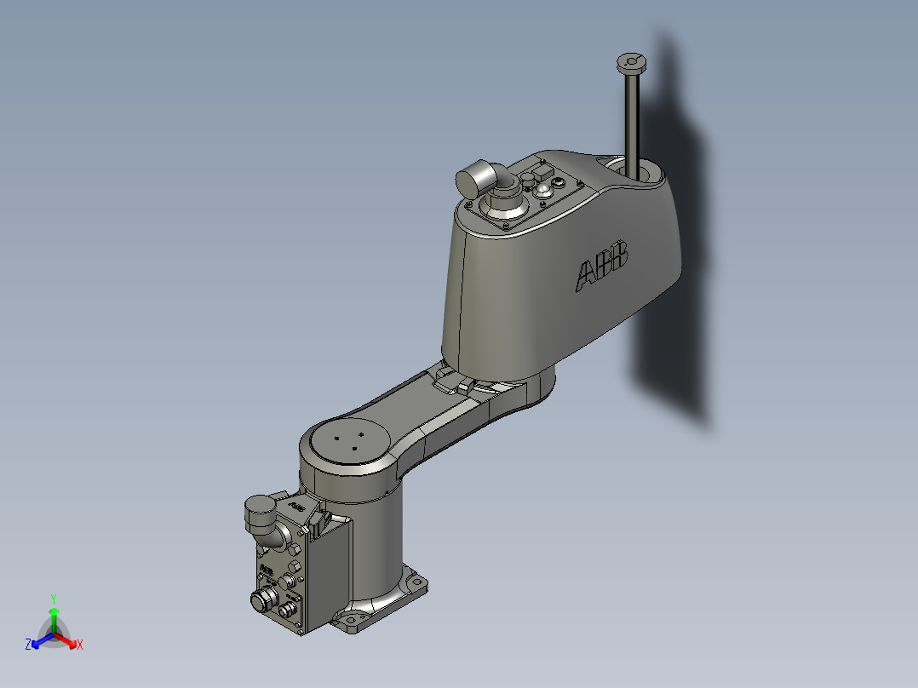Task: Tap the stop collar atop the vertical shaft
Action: tap(630, 63)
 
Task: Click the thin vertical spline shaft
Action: tap(633, 119)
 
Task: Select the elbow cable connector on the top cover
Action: tap(482, 181)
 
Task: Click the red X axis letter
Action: tap(80, 645)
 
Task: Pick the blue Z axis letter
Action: tap(28, 645)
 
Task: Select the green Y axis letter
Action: tap(54, 598)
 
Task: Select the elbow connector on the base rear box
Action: tap(263, 520)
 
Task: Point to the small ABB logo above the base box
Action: tap(296, 507)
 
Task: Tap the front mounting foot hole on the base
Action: tap(350, 619)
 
